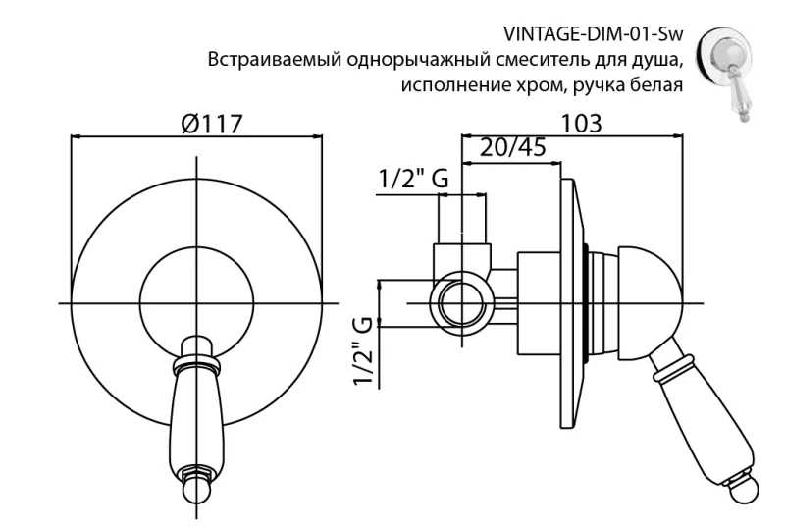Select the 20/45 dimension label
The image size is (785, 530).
(513, 148)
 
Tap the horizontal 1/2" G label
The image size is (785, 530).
(414, 180)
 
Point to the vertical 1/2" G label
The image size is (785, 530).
(363, 351)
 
